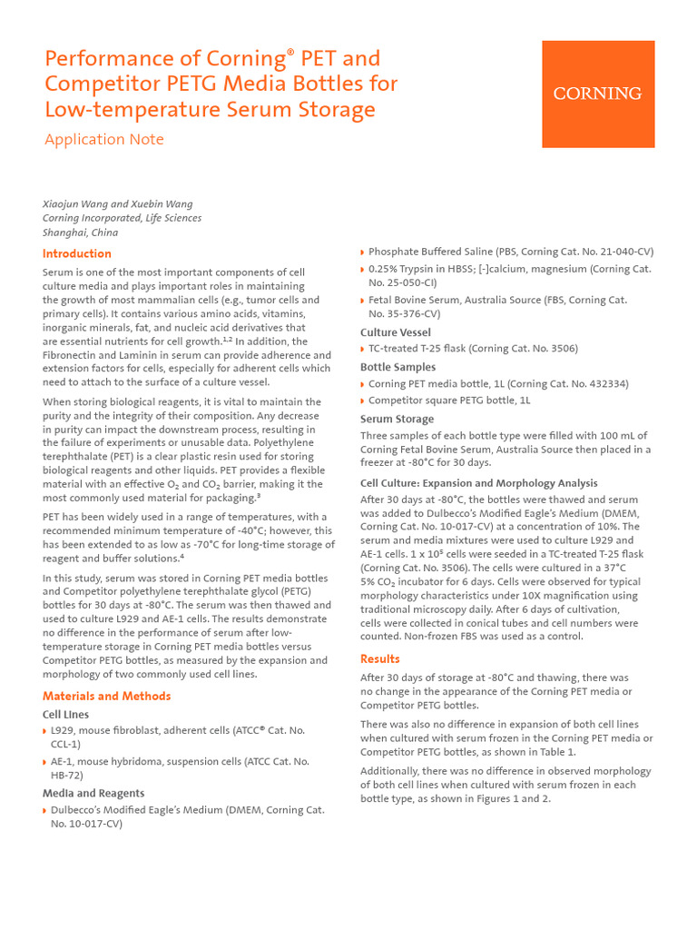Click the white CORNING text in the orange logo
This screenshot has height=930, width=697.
pyautogui.click(x=597, y=94)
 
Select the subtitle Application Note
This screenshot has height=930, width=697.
pyautogui.click(x=104, y=139)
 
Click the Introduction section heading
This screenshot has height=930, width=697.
pyautogui.click(x=77, y=253)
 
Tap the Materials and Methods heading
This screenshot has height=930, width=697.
pyautogui.click(x=106, y=696)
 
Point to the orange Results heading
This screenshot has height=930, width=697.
pyautogui.click(x=379, y=658)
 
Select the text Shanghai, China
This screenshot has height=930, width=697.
pyautogui.click(x=80, y=232)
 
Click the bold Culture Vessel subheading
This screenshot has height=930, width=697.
pyautogui.click(x=396, y=332)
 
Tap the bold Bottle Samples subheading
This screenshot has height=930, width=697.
pyautogui.click(x=398, y=367)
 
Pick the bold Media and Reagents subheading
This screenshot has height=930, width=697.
pyautogui.click(x=93, y=793)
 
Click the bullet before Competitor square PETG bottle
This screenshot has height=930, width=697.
pyautogui.click(x=363, y=401)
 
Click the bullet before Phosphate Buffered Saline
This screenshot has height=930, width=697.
pyautogui.click(x=363, y=252)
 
